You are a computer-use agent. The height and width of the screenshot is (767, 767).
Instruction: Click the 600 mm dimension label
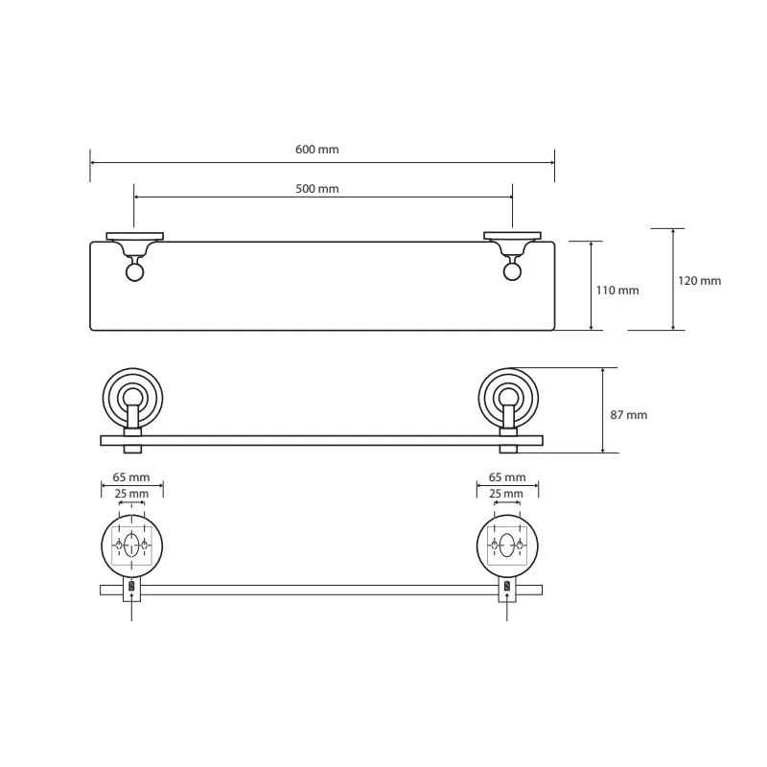(x=317, y=150)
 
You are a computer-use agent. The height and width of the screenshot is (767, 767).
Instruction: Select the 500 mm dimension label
(x=317, y=188)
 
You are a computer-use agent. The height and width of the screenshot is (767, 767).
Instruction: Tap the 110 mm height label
(x=617, y=291)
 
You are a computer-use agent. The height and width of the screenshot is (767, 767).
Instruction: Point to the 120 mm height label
(x=699, y=281)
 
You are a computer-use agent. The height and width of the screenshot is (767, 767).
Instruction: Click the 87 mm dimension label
(x=629, y=415)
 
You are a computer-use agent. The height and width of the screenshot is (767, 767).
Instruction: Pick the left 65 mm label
(x=131, y=476)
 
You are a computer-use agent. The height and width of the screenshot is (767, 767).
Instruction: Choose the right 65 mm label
(x=507, y=476)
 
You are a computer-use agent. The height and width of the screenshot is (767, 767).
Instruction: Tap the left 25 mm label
(x=131, y=494)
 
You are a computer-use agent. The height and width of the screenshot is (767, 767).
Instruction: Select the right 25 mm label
(x=506, y=494)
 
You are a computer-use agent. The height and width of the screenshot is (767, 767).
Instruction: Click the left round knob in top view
(x=134, y=272)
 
